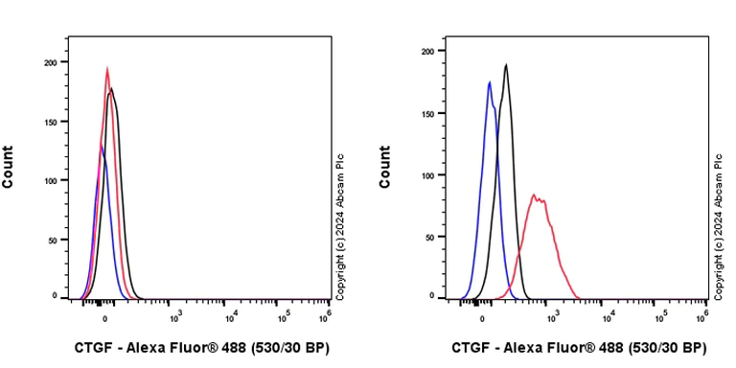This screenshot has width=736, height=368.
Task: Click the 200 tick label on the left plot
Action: [50, 62]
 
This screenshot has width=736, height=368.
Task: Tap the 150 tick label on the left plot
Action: [50, 121]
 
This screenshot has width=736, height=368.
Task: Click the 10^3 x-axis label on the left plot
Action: [175, 317]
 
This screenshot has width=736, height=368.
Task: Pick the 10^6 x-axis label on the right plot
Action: [705, 317]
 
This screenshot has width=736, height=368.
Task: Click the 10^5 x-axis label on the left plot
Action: [284, 317]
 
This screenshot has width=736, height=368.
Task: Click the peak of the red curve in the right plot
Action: [534, 195]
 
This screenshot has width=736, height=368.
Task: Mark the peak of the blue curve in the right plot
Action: [490, 82]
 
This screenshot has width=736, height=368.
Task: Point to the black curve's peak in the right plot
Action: [506, 65]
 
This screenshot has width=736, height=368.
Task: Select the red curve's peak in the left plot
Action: [107, 68]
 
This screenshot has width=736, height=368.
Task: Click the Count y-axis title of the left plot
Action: [9, 167]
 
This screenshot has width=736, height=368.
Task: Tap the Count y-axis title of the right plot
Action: [385, 167]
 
